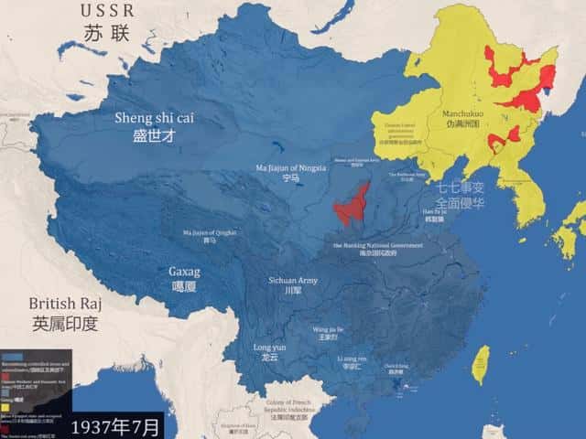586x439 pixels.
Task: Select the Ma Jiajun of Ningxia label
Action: (291, 171)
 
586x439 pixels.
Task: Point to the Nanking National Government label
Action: (377, 250)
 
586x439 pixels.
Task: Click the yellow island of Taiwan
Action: (479, 364)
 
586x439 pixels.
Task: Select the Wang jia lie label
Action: (327, 331)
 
